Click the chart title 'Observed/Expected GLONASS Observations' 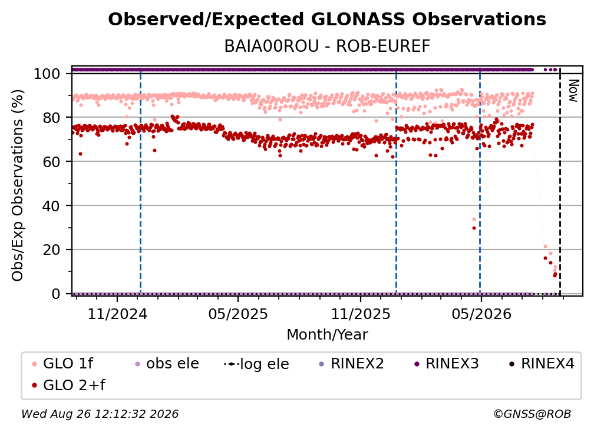point(327,19)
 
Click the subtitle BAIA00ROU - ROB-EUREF point(327,46)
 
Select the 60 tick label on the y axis point(51,161)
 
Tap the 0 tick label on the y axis point(56,294)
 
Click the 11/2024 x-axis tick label point(117,314)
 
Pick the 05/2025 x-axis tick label point(238,314)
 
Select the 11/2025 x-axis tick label point(361,314)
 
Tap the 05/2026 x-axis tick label point(481,314)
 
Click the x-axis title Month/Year point(327,335)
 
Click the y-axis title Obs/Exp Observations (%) point(18,185)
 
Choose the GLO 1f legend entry point(62,364)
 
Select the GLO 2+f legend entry point(68,385)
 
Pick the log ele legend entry point(256,364)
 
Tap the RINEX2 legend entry point(352,364)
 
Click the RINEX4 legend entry point(542,364)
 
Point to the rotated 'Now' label point(573,91)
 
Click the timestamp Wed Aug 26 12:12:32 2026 point(100,414)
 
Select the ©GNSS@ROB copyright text point(532,414)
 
